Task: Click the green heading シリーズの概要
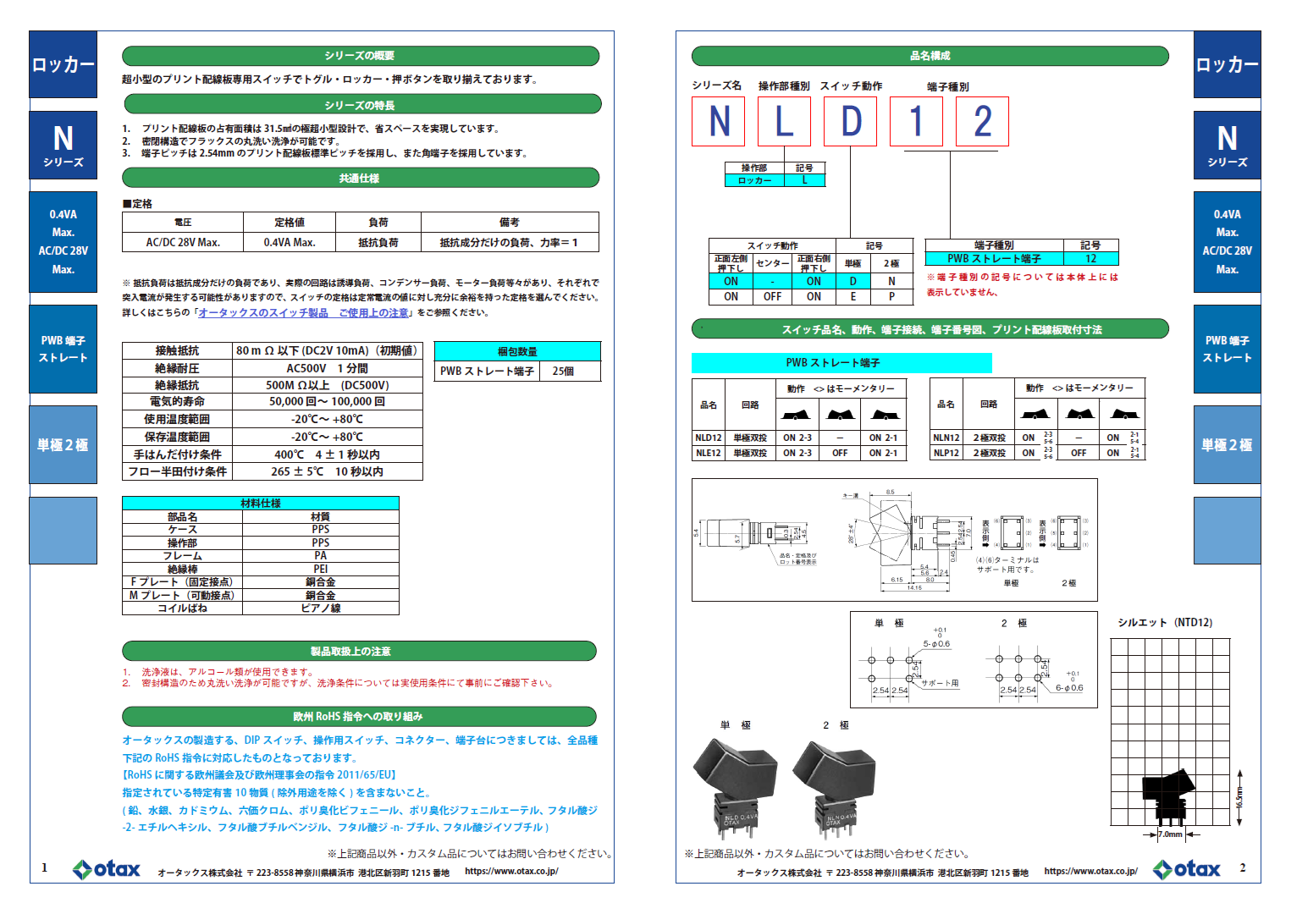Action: pyautogui.click(x=360, y=56)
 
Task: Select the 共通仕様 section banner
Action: pyautogui.click(x=360, y=179)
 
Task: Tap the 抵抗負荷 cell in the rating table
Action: pyautogui.click(x=378, y=243)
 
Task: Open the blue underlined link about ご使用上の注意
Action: pyautogui.click(x=303, y=313)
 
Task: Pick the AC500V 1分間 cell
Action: pyautogui.click(x=327, y=368)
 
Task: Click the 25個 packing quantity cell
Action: pyautogui.click(x=563, y=372)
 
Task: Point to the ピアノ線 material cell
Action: pyautogui.click(x=320, y=608)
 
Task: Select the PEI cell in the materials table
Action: pyautogui.click(x=320, y=570)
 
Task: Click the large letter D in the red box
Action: pyautogui.click(x=851, y=122)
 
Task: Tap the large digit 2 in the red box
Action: pyautogui.click(x=982, y=122)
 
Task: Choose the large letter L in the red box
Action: pyautogui.click(x=784, y=122)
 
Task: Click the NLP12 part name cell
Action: pyautogui.click(x=946, y=453)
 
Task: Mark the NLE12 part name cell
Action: pyautogui.click(x=709, y=453)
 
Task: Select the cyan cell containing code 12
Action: pyautogui.click(x=1090, y=259)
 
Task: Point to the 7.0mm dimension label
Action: pyautogui.click(x=1170, y=834)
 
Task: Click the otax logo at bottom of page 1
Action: pyautogui.click(x=107, y=869)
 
